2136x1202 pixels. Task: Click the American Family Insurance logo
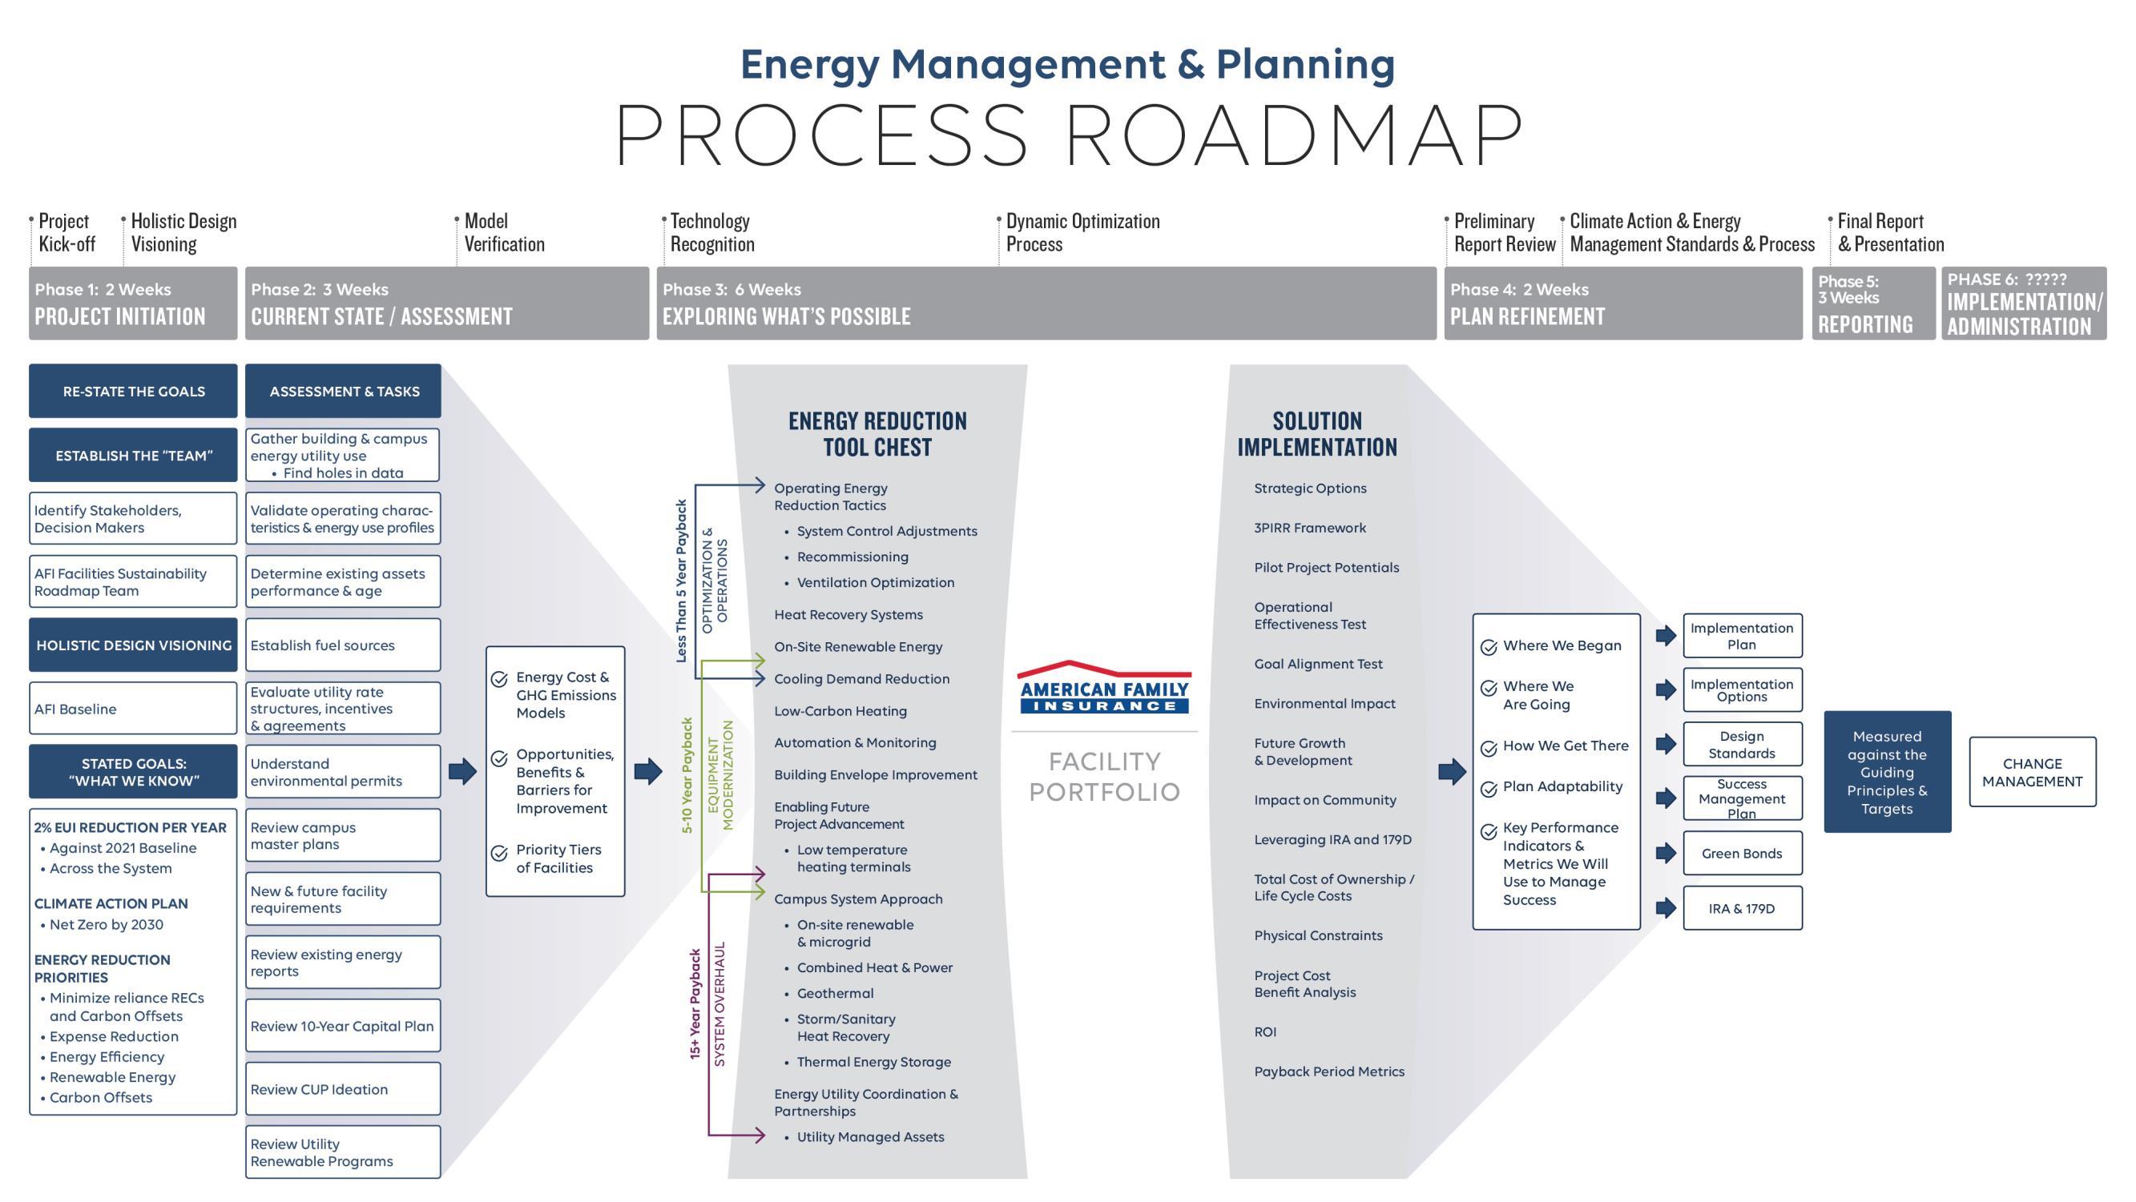pos(1104,688)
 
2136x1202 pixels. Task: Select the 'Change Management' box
pos(2032,772)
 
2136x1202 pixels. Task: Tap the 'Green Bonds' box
pos(1741,853)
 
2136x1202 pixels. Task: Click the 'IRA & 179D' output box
pos(1741,909)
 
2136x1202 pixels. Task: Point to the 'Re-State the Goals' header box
pos(133,392)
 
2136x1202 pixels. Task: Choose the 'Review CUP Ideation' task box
pos(342,1089)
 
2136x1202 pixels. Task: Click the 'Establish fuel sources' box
pos(342,645)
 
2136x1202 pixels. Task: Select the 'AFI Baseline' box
pos(133,709)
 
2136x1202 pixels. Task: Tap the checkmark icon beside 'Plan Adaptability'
pos(1489,788)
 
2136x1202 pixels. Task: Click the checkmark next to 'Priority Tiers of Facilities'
pos(499,853)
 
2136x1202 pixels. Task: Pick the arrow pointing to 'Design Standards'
pos(1665,744)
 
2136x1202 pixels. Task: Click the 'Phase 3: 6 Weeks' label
pos(731,289)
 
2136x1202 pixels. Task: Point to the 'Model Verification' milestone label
pos(504,233)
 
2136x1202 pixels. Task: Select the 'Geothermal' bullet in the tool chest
pos(834,993)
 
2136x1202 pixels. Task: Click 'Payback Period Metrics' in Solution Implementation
pos(1328,1071)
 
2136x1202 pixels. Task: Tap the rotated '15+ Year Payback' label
pos(695,1003)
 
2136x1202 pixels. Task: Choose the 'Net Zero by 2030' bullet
pos(106,924)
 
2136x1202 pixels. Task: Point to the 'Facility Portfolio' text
pos(1104,777)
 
